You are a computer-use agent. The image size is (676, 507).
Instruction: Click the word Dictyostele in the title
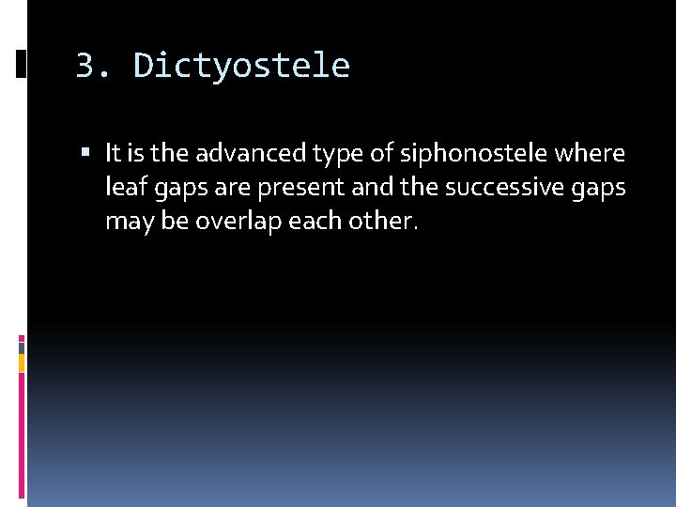click(x=241, y=67)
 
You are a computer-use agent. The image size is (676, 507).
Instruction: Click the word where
click(x=592, y=152)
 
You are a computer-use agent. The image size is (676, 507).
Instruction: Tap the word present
click(x=297, y=188)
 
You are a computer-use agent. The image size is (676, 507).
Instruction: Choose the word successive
click(x=504, y=188)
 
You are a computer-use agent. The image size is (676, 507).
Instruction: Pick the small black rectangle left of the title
click(x=21, y=64)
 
